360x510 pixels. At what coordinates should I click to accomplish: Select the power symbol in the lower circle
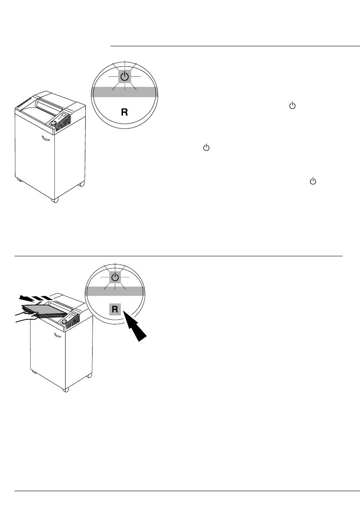pyautogui.click(x=114, y=278)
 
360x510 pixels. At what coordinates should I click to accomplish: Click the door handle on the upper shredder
pyautogui.click(x=46, y=138)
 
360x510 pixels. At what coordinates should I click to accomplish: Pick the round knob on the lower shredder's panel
pyautogui.click(x=65, y=320)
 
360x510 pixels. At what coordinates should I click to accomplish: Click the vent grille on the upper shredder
pyautogui.click(x=65, y=123)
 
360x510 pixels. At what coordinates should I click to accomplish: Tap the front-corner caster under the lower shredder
pyautogui.click(x=65, y=390)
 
